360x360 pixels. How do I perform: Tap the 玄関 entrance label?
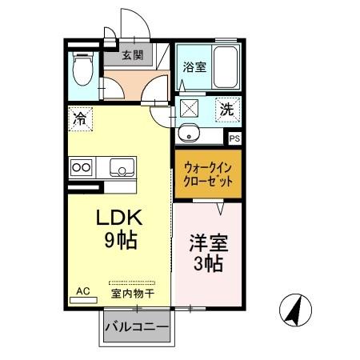click(133, 56)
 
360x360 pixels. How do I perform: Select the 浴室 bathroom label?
click(194, 67)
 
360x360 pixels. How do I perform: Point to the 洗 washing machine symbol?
click(228, 110)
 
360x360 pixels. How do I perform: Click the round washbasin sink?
click(190, 134)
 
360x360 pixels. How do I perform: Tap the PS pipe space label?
click(234, 138)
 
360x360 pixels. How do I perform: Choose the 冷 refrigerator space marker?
click(80, 120)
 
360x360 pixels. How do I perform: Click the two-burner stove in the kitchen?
click(81, 167)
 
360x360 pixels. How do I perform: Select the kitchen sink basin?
click(122, 167)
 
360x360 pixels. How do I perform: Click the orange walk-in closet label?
click(208, 175)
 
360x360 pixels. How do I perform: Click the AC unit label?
click(82, 291)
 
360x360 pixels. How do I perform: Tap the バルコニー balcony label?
click(137, 328)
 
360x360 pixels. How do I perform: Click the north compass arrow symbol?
click(294, 309)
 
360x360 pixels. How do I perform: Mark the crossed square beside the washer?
click(190, 110)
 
